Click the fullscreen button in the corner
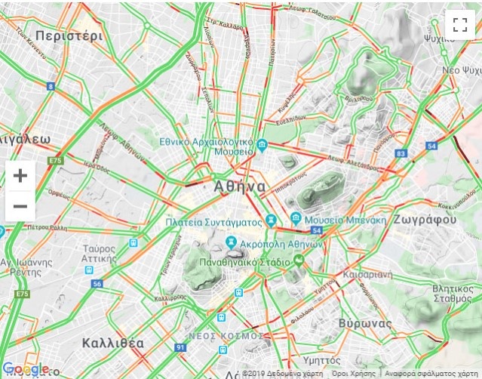coord(459,23)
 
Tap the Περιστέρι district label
coord(68,35)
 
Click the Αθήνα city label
coord(240,186)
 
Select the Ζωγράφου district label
coord(425,220)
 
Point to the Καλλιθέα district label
coord(113,343)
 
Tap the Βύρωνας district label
coord(364,322)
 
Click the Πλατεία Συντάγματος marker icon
coord(272,222)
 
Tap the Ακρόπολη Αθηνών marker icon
coord(232,243)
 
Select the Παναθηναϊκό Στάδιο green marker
coord(299,261)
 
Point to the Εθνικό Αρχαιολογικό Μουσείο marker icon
coord(262,145)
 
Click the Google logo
coord(26,369)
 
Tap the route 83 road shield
coord(400,153)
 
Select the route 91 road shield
coord(180,347)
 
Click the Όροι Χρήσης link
coord(353,374)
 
